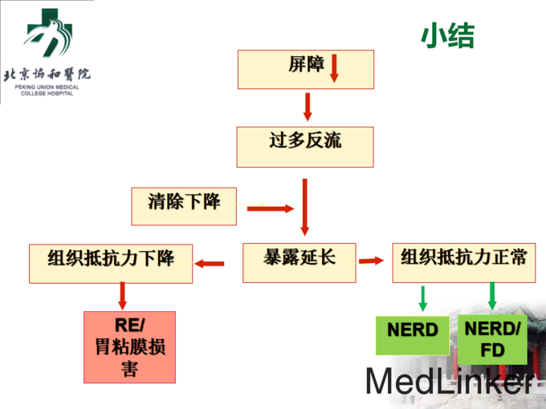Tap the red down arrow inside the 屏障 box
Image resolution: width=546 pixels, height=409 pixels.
pos(335,68)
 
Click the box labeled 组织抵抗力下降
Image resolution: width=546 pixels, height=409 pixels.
pos(111,263)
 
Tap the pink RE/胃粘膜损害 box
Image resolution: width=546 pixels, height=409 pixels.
pos(130,346)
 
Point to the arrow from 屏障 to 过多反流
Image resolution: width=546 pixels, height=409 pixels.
pos(307,107)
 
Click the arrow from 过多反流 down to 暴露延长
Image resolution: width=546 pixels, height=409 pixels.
pos(304,205)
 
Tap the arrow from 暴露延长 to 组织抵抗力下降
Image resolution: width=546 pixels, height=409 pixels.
pos(212,263)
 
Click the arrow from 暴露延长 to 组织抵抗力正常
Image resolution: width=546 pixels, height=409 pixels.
pos(371,260)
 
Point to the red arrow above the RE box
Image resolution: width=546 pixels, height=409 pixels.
pos(123,296)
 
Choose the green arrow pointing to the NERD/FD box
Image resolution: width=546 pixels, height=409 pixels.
pos(492,296)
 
